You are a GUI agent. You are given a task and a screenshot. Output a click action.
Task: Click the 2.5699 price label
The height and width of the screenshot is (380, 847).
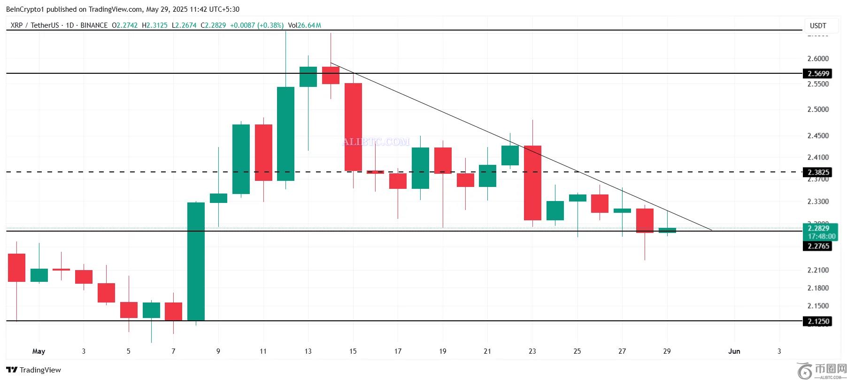818,73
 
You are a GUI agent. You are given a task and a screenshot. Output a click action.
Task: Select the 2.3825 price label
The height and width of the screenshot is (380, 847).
818,172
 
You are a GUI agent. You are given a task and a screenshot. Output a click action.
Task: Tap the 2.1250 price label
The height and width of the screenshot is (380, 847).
818,321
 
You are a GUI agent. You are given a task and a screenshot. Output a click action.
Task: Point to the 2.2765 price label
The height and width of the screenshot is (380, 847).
818,246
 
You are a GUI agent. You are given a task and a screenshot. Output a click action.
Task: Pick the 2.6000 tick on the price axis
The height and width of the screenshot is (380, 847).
818,59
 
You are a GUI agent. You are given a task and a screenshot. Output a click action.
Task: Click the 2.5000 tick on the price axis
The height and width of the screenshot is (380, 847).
818,109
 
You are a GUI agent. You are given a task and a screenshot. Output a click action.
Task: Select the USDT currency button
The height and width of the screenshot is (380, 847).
818,26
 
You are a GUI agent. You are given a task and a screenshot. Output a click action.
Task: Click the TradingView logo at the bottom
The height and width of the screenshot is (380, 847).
34,370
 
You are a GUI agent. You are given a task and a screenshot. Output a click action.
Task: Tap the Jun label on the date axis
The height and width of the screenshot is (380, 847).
734,351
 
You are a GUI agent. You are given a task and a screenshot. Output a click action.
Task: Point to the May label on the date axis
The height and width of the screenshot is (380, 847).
38,351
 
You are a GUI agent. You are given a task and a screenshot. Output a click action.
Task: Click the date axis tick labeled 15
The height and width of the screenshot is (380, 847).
353,351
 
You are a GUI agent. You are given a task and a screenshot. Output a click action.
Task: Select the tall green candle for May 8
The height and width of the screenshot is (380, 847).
196,261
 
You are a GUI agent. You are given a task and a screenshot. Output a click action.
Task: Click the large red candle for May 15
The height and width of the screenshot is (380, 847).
353,127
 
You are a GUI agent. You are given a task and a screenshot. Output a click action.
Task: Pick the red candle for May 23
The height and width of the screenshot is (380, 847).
532,183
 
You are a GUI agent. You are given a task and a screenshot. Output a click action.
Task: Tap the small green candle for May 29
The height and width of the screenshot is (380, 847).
667,230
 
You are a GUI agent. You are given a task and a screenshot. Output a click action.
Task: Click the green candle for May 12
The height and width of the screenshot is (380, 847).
285,134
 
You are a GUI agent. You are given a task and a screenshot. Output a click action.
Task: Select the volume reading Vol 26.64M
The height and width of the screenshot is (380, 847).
305,25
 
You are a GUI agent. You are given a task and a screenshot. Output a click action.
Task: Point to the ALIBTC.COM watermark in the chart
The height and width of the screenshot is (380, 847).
376,141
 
